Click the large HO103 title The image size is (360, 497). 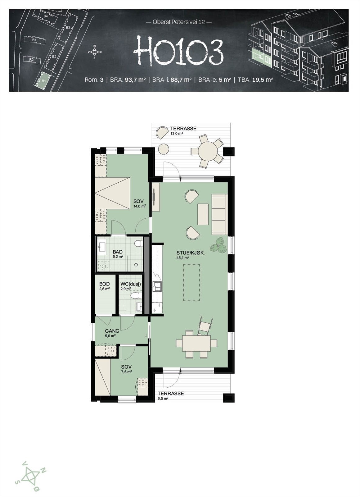pyautogui.click(x=178, y=51)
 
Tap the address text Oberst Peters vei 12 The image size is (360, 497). pyautogui.click(x=178, y=22)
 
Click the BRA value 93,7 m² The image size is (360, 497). pyautogui.click(x=135, y=80)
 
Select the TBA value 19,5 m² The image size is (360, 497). pyautogui.click(x=262, y=80)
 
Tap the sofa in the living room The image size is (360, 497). pyautogui.click(x=218, y=214)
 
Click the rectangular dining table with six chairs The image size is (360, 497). pyautogui.click(x=196, y=343)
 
